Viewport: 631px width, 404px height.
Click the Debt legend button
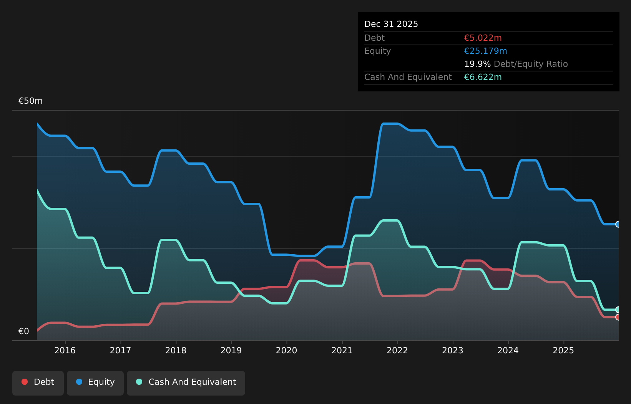pos(38,383)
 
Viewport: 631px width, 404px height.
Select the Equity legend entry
pos(95,383)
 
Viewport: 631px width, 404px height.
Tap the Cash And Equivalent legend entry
pos(186,383)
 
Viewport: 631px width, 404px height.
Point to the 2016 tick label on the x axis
pos(65,351)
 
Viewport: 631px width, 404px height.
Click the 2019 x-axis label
pos(231,351)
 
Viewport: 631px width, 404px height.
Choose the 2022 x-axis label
pos(397,351)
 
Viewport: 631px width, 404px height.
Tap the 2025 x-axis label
pos(563,351)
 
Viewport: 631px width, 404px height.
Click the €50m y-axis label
pos(30,101)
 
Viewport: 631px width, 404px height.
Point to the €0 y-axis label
pos(24,331)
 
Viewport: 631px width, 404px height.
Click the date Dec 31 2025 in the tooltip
pos(391,24)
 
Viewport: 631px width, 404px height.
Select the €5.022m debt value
pos(483,38)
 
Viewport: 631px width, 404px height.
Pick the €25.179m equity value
pos(485,51)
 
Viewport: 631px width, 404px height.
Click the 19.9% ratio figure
pos(477,64)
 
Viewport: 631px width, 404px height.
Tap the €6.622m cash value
pos(483,77)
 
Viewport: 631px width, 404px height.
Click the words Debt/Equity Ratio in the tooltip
pos(531,64)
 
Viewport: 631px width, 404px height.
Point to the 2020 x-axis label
pos(286,351)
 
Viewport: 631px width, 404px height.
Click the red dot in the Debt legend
pos(25,382)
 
